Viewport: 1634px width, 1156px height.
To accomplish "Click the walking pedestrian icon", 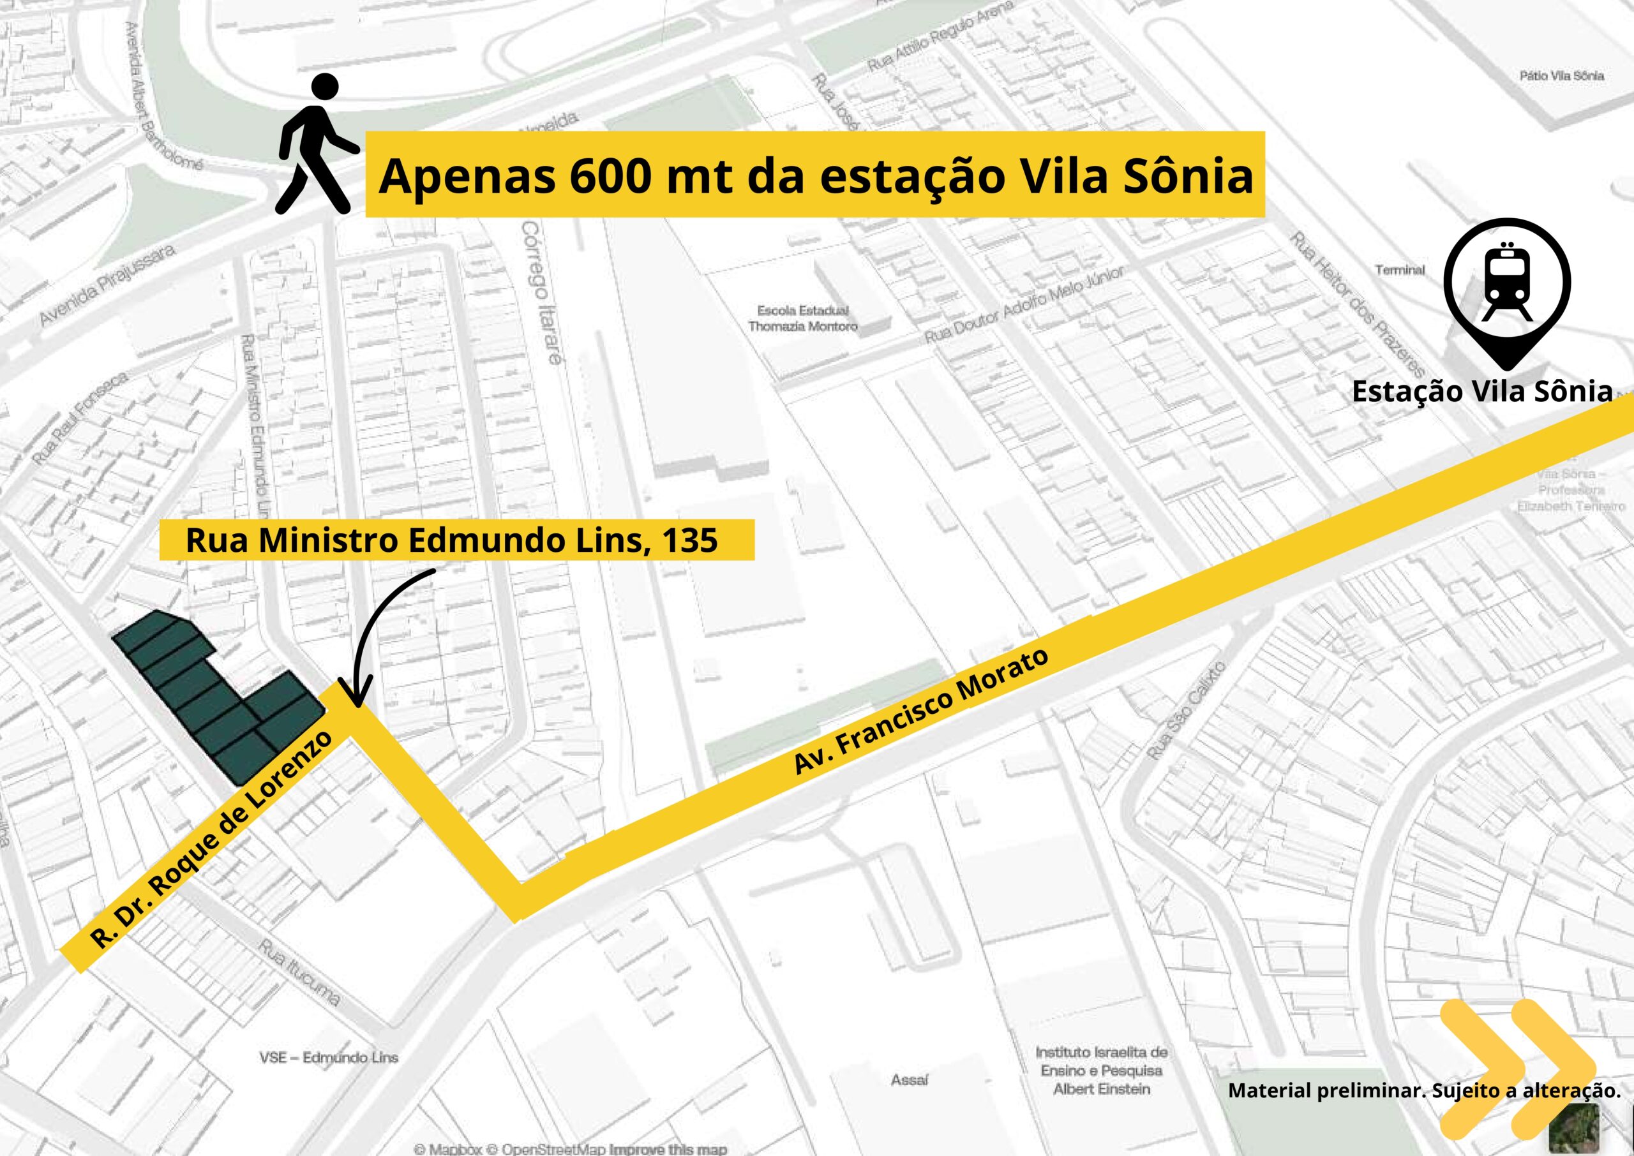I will [x=315, y=146].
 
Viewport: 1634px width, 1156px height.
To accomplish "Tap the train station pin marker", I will [x=1506, y=288].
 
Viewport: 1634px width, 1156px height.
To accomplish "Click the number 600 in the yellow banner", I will [x=610, y=176].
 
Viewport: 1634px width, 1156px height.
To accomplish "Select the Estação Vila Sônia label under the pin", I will [x=1481, y=392].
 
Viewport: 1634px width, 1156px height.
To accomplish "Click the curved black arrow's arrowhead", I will [x=356, y=694].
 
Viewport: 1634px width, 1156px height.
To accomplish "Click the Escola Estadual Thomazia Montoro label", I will [x=802, y=318].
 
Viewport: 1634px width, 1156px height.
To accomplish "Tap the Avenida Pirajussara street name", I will [x=107, y=285].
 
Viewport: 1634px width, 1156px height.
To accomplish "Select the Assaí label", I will [x=909, y=1080].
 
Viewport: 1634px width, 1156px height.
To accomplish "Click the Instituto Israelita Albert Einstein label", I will [x=1101, y=1071].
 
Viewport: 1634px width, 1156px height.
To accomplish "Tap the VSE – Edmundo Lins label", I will [x=328, y=1058].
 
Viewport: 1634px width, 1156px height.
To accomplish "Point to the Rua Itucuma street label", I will [x=299, y=972].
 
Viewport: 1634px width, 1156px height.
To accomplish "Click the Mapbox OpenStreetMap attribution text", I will [x=569, y=1148].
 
